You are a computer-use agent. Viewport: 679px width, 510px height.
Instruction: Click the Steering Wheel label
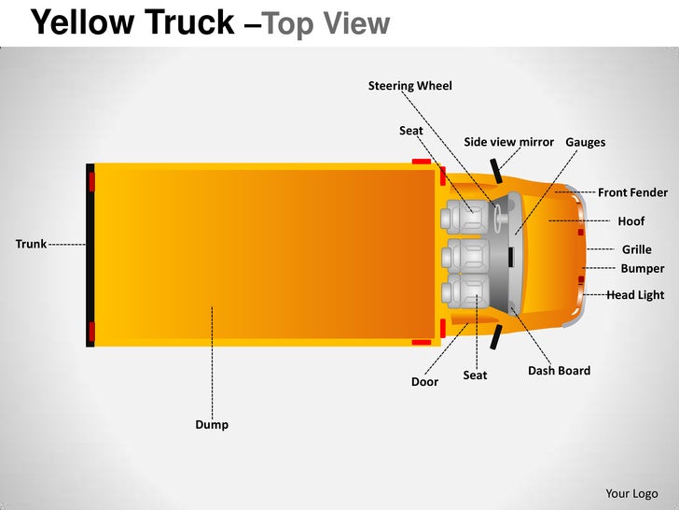(x=409, y=86)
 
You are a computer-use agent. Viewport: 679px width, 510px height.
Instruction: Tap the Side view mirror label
(x=508, y=142)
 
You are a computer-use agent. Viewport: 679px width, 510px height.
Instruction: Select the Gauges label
(x=585, y=142)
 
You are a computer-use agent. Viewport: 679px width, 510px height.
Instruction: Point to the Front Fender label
(x=632, y=192)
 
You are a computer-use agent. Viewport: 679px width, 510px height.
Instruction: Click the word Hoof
(x=630, y=221)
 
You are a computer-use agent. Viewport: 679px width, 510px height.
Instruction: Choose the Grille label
(x=636, y=249)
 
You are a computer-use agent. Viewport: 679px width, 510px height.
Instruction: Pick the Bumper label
(x=642, y=268)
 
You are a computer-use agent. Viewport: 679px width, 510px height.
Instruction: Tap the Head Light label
(x=635, y=294)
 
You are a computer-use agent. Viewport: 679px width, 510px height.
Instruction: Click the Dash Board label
(x=559, y=370)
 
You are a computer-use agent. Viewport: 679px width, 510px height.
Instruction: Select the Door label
(x=424, y=381)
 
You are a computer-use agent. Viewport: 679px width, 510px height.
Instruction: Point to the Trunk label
(x=31, y=244)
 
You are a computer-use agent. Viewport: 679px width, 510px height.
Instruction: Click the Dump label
(x=212, y=424)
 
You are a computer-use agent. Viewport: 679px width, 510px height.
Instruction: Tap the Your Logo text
(x=631, y=493)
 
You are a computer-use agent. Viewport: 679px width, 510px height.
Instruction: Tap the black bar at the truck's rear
(x=90, y=256)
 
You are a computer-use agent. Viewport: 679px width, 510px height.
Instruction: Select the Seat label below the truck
(x=475, y=375)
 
